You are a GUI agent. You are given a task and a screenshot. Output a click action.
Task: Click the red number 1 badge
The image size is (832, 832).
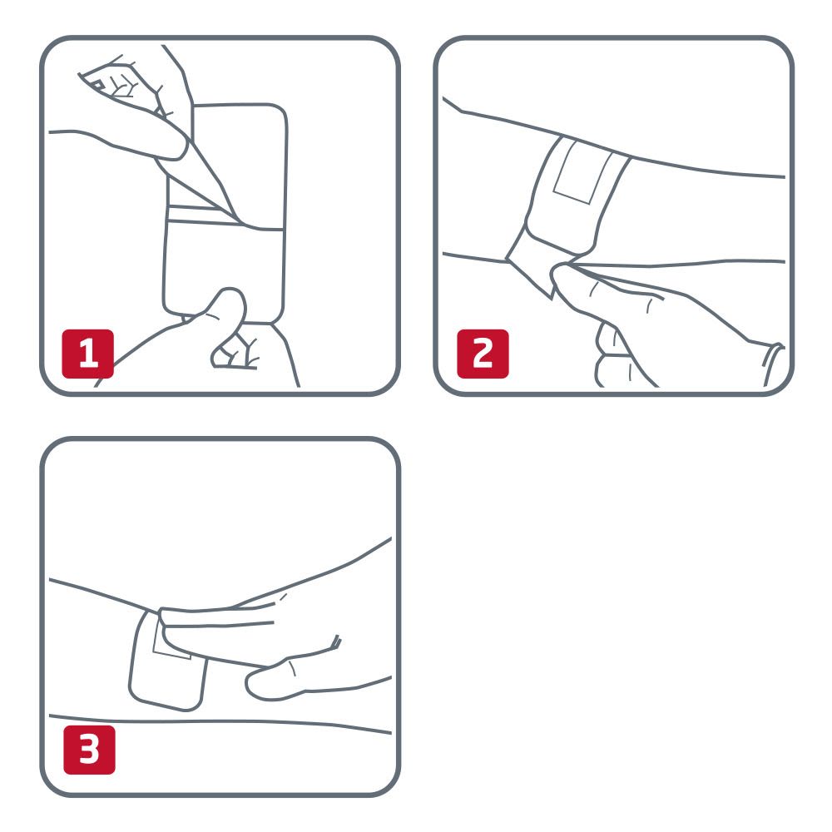tap(88, 354)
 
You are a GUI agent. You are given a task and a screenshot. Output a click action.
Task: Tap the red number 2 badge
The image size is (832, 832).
tap(483, 354)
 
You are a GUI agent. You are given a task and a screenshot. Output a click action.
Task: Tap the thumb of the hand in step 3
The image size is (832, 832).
tap(275, 682)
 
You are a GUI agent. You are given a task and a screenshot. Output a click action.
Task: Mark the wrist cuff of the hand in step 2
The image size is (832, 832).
tap(774, 362)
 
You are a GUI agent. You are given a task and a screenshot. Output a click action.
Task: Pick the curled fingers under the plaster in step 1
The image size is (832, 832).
tap(233, 354)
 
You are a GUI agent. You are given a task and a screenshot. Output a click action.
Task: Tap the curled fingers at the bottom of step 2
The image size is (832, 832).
tap(616, 358)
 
